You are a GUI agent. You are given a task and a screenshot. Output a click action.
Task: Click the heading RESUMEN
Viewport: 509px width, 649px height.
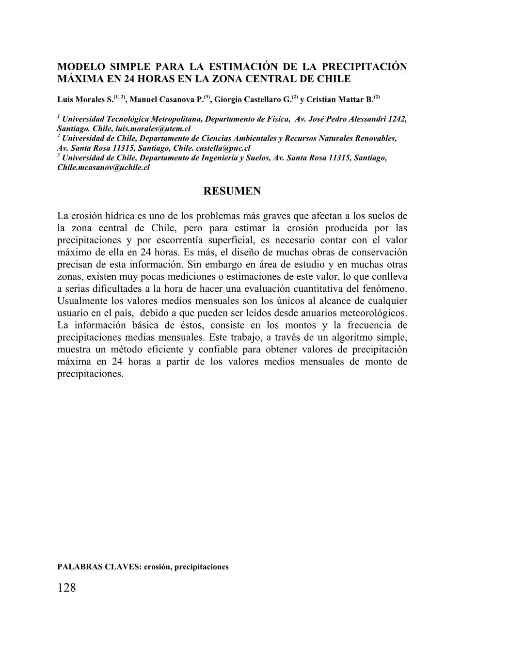[x=232, y=191]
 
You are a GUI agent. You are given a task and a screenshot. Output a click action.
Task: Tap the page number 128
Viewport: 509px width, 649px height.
[x=67, y=588]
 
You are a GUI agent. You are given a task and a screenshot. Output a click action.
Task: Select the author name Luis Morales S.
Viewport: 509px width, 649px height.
[x=84, y=99]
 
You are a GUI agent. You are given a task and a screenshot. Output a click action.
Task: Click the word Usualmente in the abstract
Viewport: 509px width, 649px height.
[x=80, y=301]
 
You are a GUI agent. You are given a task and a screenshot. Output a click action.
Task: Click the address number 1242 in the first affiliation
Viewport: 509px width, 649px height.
[x=397, y=119]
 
